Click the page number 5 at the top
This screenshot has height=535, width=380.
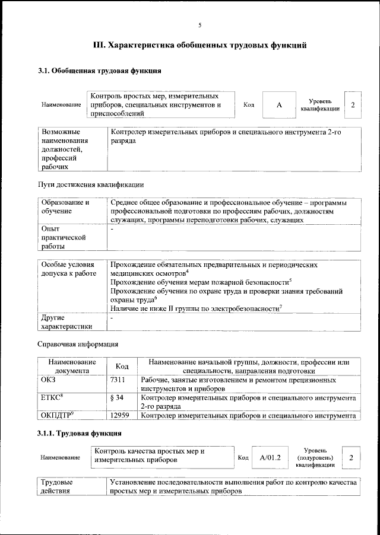pos(200,24)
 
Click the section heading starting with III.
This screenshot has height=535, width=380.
pos(200,45)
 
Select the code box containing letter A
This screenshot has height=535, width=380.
pos(278,105)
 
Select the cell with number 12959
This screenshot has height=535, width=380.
pos(121,416)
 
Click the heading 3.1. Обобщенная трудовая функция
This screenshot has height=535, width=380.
pos(100,72)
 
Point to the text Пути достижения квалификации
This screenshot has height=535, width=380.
pos(90,184)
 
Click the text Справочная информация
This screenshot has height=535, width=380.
pos(78,343)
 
